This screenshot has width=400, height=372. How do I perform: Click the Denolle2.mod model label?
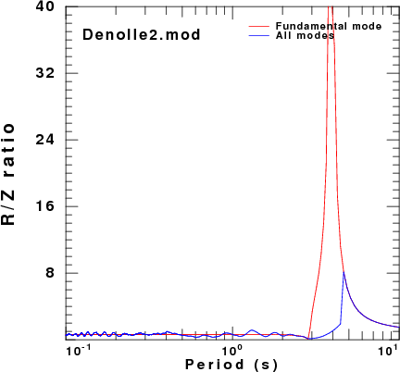coord(142,34)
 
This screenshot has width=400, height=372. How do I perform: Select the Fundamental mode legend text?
coord(329,26)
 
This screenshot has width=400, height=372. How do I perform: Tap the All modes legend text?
coord(305,35)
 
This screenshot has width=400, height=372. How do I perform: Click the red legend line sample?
coord(259,27)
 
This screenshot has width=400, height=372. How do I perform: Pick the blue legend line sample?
coord(259,36)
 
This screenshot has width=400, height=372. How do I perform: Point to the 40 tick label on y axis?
coord(44,6)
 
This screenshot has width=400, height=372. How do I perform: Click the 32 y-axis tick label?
coord(44,73)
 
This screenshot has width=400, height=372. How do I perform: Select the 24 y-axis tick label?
coord(44,140)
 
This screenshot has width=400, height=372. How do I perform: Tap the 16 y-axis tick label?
coord(44,206)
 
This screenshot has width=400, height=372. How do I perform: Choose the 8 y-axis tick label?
coord(50,273)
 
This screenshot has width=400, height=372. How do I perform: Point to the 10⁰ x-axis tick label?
coord(229,350)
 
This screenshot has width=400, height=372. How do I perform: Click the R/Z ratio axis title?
coord(8,174)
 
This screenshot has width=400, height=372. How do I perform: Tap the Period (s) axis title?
coord(231,365)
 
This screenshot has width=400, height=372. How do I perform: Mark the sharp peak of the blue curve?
coord(344,272)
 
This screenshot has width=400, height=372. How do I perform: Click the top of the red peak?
coord(331,6)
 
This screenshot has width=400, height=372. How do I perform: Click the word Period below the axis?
coord(215,364)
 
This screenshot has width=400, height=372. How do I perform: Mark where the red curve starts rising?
coord(308,339)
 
